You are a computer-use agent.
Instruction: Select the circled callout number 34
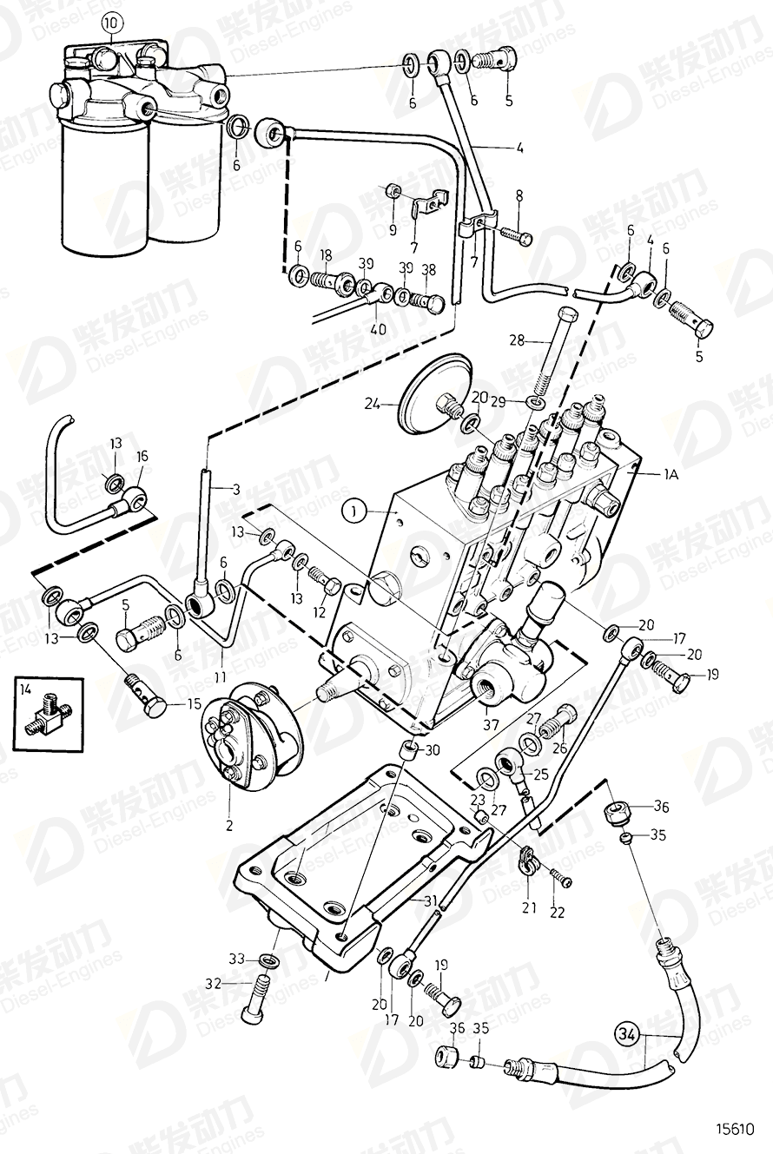pos(628,1033)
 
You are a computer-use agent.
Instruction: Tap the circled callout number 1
pos(354,512)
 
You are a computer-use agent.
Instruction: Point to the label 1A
pos(672,474)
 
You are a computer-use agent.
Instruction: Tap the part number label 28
pos(518,340)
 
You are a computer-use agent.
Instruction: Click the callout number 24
pos(371,402)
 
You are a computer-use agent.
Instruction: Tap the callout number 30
pos(433,751)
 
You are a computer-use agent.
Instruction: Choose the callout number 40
pos(379,329)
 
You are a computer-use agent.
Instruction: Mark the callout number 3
pos(235,490)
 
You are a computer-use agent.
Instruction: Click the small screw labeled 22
pos(564,880)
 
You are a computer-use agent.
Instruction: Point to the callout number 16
pos(142,455)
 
